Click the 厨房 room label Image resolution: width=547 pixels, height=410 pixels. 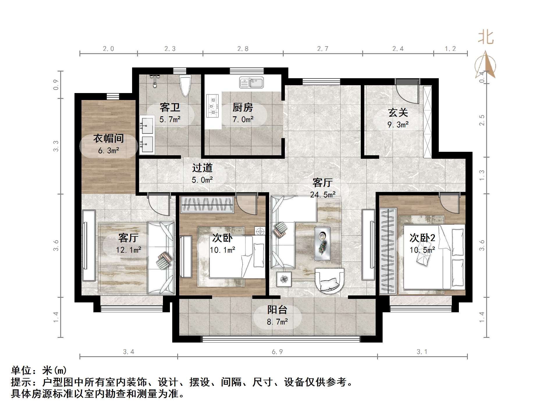pyautogui.click(x=243, y=108)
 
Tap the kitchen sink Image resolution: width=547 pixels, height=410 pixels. pyautogui.click(x=251, y=83)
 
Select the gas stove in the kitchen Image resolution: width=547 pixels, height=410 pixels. pyautogui.click(x=212, y=106)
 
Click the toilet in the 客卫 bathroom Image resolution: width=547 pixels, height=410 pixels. pyautogui.click(x=185, y=85)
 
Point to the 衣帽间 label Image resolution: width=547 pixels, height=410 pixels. pyautogui.click(x=109, y=138)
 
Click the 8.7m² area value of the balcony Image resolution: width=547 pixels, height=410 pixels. pyautogui.click(x=277, y=322)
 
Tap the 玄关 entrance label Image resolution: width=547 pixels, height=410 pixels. pyautogui.click(x=398, y=113)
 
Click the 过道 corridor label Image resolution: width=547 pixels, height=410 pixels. pyautogui.click(x=202, y=168)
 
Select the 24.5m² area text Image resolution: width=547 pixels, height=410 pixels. pyautogui.click(x=323, y=195)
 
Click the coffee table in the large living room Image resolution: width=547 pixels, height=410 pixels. pyautogui.click(x=322, y=243)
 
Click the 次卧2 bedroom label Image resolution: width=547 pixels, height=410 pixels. pyautogui.click(x=422, y=238)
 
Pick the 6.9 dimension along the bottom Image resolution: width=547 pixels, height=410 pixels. pyautogui.click(x=277, y=352)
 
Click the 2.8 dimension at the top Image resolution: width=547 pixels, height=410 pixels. pyautogui.click(x=243, y=49)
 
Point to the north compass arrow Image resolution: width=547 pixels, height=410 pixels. pyautogui.click(x=485, y=65)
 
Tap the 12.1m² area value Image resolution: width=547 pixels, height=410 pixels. pyautogui.click(x=129, y=250)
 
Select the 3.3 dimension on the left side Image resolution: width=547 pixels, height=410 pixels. pyautogui.click(x=56, y=146)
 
